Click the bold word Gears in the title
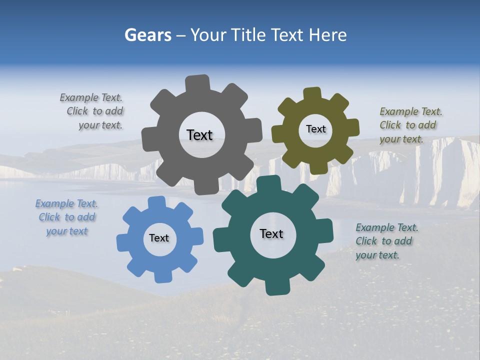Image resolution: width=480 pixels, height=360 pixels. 148,35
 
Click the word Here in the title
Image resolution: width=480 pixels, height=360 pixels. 327,35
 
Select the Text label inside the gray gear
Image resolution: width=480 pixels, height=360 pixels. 199,135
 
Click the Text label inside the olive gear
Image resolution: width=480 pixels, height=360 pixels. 315,129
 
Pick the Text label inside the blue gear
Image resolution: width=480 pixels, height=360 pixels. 159,238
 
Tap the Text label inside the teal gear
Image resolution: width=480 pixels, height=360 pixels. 271,233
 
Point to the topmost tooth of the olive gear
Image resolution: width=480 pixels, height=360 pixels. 312,94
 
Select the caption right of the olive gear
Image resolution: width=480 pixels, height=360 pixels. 410,125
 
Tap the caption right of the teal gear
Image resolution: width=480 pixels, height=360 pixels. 386,241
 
